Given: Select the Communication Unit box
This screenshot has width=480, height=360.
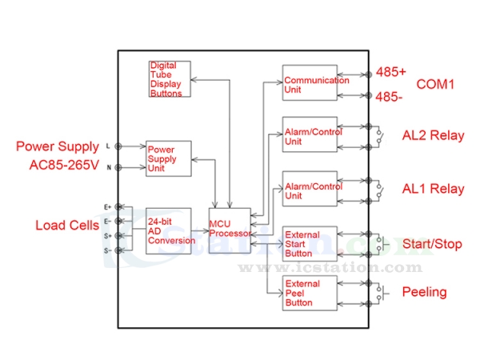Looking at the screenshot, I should pyautogui.click(x=310, y=83).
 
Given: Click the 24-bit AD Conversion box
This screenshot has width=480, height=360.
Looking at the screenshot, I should pyautogui.click(x=170, y=230).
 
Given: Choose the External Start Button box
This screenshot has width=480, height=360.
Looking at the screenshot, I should pyautogui.click(x=310, y=242).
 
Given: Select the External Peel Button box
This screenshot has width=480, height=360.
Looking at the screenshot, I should pyautogui.click(x=310, y=292).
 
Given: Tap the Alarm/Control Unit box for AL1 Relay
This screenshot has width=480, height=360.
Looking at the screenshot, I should pyautogui.click(x=310, y=190).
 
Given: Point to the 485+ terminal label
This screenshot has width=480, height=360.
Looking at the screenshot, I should pyautogui.click(x=391, y=72).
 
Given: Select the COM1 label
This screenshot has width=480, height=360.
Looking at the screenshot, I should pyautogui.click(x=435, y=84).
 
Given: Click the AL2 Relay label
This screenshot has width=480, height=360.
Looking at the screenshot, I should pyautogui.click(x=433, y=135).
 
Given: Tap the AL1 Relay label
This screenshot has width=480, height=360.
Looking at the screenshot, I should pyautogui.click(x=433, y=190).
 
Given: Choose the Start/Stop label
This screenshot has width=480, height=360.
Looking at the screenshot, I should pyautogui.click(x=432, y=243).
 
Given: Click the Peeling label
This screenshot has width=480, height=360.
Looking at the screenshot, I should pyautogui.click(x=424, y=292).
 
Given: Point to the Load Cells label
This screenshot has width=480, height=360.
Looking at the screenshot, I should pyautogui.click(x=67, y=226).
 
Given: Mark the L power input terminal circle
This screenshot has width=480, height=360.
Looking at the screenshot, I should pyautogui.click(x=119, y=146).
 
